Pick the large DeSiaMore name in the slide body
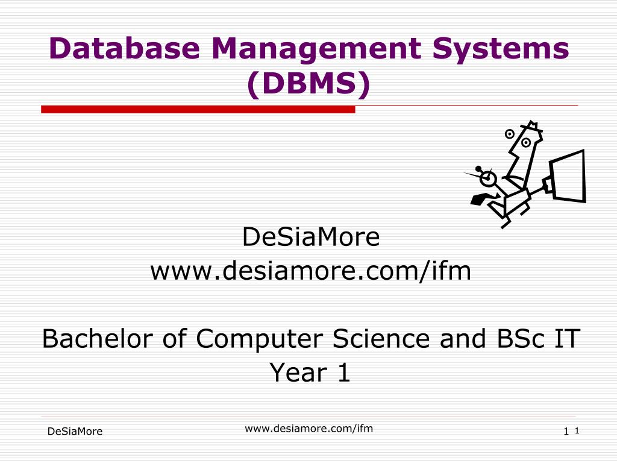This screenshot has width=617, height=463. coord(311,237)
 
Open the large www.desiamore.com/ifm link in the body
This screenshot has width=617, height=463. coord(310,271)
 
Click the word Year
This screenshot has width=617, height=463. coord(291,373)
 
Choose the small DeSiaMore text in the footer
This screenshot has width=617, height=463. coord(75,432)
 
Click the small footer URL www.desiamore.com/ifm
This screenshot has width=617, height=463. coord(308,429)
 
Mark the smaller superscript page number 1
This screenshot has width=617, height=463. coord(577,430)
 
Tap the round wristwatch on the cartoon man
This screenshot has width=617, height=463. coord(487,178)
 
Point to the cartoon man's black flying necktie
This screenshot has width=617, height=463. coord(481,199)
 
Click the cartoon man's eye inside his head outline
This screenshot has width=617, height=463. coord(526,143)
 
